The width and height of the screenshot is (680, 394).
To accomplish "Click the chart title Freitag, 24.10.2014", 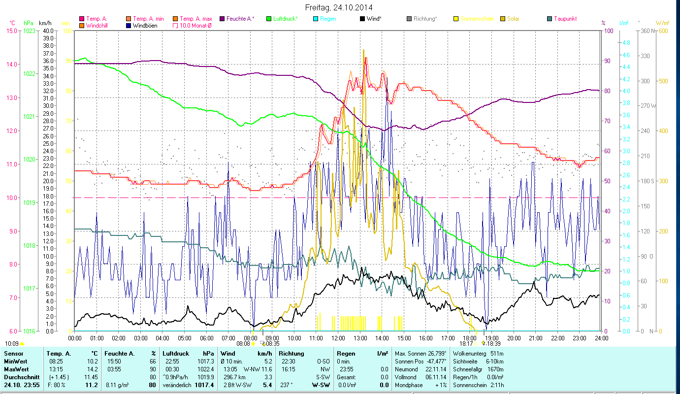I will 339,7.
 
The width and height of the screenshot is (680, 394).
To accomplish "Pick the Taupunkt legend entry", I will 564,19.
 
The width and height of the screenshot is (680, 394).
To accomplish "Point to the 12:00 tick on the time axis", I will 338,338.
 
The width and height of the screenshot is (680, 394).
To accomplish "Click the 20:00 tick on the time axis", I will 514,338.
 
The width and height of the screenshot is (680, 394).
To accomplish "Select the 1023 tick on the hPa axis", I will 29,31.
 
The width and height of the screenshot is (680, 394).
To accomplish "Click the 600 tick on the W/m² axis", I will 663,31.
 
